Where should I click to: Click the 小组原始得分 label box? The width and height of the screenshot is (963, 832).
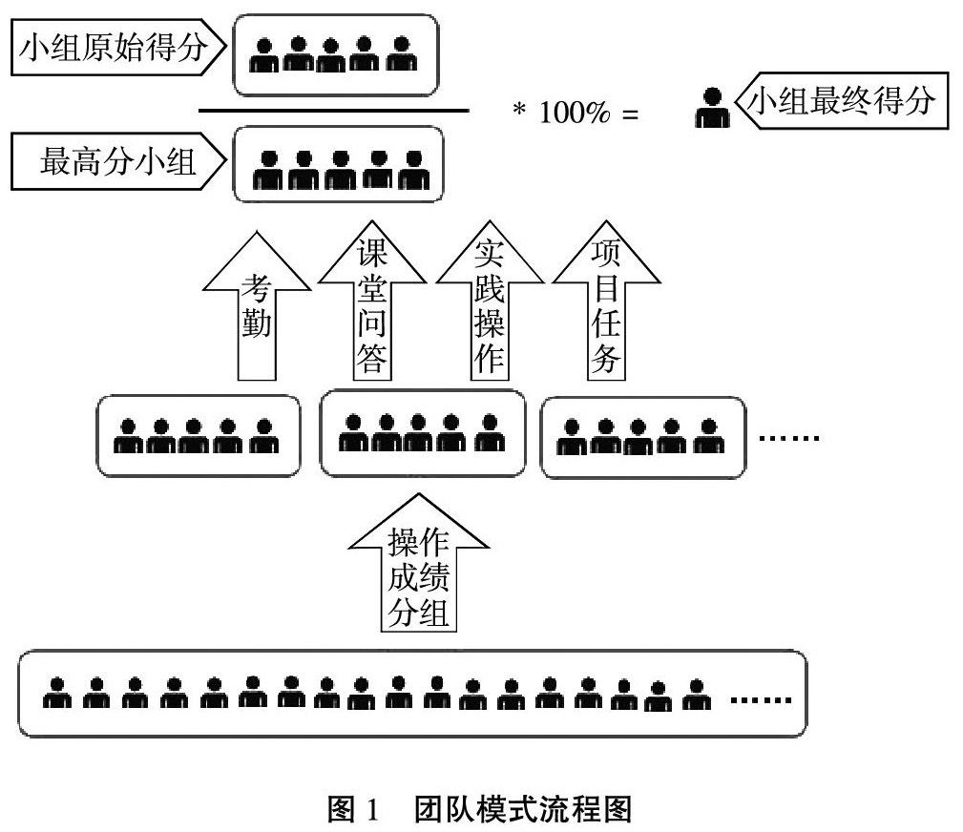(113, 51)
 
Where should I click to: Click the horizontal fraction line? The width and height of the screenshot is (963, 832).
(333, 111)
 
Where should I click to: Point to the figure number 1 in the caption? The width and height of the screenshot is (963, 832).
(373, 810)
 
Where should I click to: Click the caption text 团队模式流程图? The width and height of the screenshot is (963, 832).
(524, 810)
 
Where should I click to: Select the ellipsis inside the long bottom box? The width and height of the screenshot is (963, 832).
(761, 699)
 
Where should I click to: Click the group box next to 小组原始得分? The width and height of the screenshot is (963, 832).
(335, 54)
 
